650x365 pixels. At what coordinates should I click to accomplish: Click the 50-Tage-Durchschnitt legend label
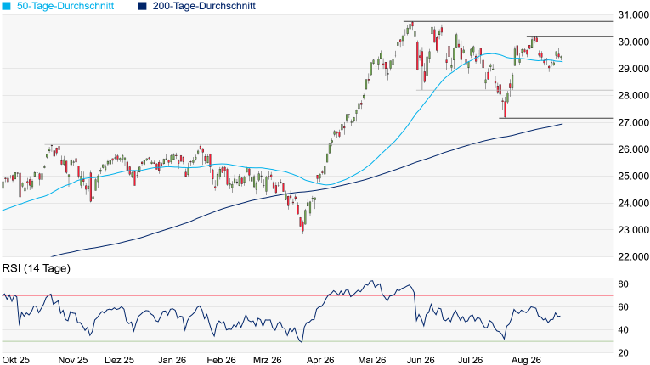point(65,6)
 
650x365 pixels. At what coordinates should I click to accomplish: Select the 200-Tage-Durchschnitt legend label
point(204,6)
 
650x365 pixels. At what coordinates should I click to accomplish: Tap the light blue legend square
point(7,6)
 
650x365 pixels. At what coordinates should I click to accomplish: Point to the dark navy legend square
point(143,6)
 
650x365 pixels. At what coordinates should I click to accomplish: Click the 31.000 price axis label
point(633,15)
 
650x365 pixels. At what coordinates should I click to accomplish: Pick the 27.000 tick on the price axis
point(633,122)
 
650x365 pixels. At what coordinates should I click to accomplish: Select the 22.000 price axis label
point(633,257)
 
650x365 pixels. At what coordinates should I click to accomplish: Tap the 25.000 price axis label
point(633,176)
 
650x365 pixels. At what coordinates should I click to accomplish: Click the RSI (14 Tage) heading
point(37,268)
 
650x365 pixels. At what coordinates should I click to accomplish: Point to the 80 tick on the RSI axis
point(623,284)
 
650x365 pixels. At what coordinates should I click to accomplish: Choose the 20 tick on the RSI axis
point(623,353)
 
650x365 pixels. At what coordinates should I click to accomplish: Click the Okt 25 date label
point(16,360)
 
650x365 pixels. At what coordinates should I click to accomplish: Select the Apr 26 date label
point(321,360)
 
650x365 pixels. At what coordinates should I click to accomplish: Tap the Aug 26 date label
point(526,360)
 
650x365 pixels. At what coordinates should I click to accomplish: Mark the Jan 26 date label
point(172,360)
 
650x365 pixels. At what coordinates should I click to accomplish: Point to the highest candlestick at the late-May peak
point(411,26)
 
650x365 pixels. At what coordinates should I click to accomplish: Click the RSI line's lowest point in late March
point(302,342)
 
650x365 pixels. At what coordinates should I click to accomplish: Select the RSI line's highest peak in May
point(371,281)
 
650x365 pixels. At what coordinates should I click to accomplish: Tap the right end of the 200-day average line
point(562,124)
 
